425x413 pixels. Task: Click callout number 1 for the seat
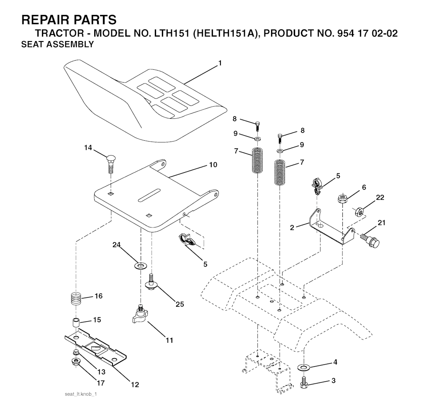click(220, 63)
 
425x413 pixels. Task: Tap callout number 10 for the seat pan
click(213, 165)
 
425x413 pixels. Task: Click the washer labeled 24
click(141, 265)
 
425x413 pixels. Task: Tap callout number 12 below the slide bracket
click(135, 384)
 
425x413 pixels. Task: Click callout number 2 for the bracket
click(292, 227)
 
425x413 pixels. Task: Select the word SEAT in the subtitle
click(34, 44)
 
